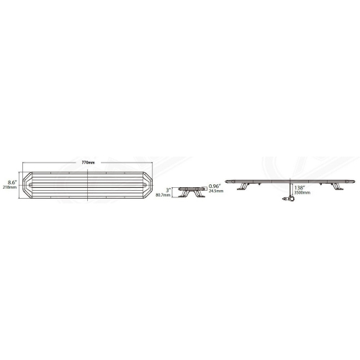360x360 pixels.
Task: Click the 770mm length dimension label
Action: [x=89, y=162]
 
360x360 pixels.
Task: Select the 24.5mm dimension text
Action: [x=214, y=193]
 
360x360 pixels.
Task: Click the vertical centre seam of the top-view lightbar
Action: [x=89, y=184]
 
